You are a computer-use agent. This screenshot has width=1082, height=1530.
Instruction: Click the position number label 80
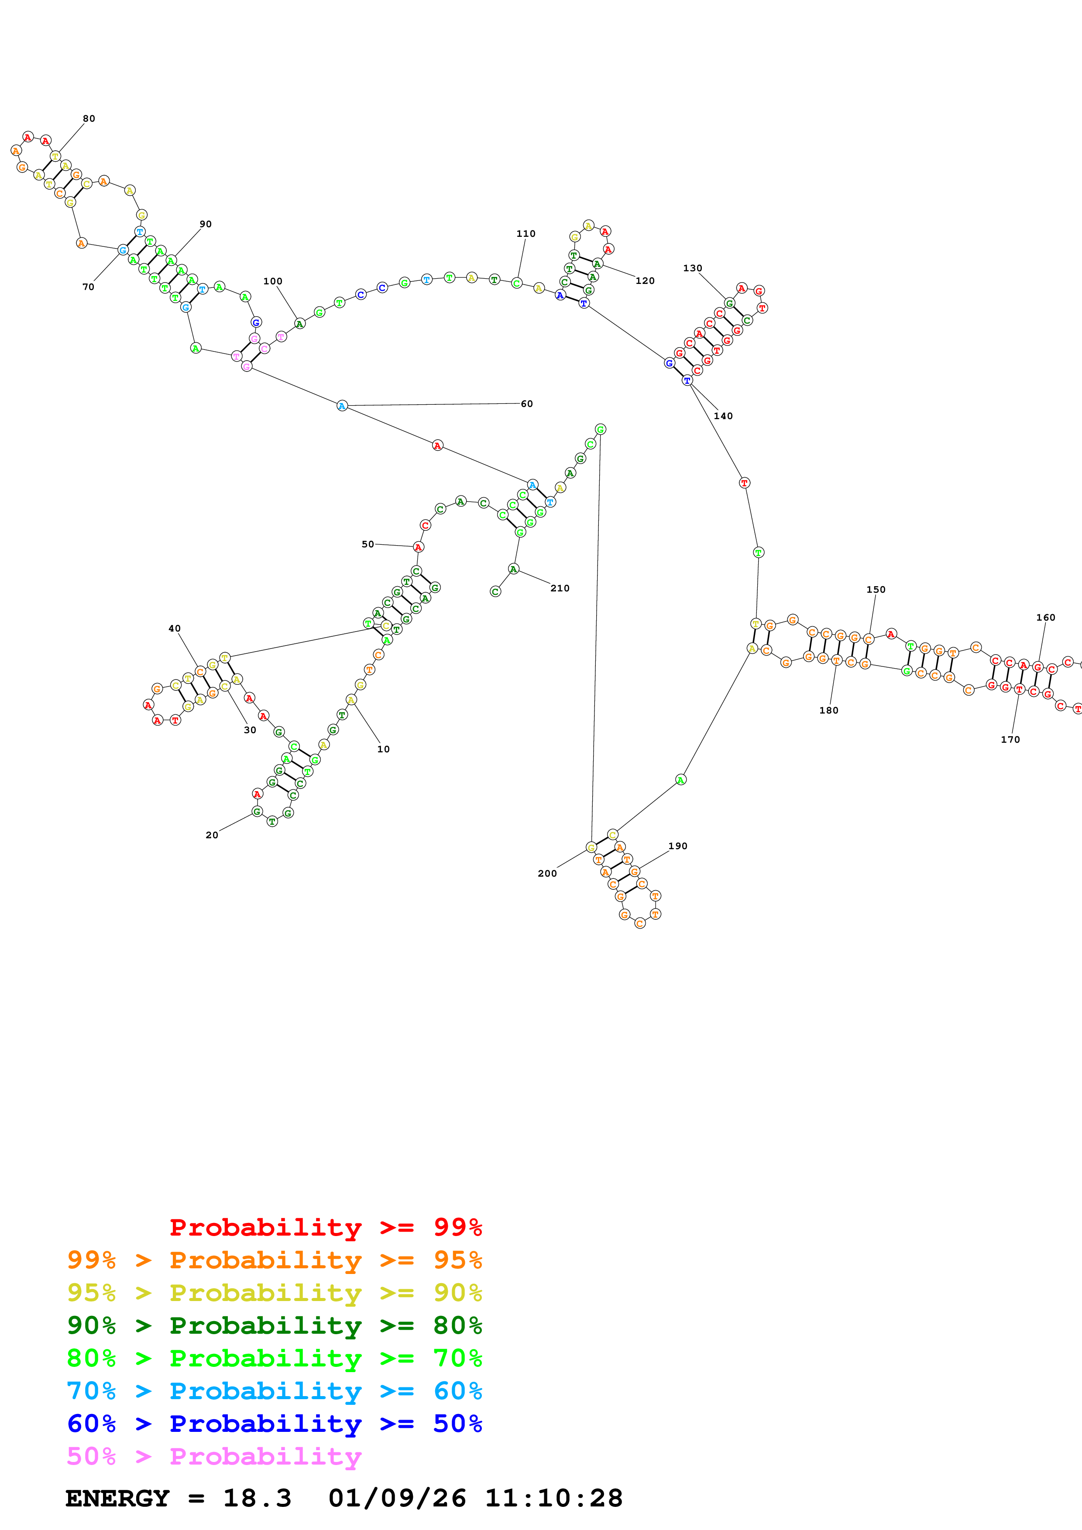(89, 119)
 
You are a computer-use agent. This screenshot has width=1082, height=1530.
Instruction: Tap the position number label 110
(526, 234)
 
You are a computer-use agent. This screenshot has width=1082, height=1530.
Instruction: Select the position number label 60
(527, 404)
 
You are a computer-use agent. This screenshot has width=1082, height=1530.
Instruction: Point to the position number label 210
(560, 588)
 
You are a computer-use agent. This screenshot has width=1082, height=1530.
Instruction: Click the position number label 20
(212, 835)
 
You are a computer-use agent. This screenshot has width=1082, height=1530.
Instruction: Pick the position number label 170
(1010, 740)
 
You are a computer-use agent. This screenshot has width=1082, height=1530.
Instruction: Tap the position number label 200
(547, 874)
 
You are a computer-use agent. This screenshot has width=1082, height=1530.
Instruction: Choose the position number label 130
(693, 269)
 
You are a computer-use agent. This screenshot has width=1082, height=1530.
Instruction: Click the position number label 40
(175, 628)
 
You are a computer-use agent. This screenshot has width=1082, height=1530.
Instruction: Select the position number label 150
(876, 590)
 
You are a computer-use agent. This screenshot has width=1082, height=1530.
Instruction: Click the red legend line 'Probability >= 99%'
(325, 1227)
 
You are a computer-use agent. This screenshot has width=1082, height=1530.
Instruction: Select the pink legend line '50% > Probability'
(213, 1457)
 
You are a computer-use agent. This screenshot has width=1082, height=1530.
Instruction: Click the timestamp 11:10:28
(553, 1499)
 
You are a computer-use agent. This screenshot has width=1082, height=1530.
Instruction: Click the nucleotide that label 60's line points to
(342, 406)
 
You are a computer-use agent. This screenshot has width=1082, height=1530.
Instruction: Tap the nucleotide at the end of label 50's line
(419, 547)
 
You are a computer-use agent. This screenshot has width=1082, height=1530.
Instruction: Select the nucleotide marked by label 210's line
(513, 568)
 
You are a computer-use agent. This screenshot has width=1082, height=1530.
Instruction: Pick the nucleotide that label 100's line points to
(300, 324)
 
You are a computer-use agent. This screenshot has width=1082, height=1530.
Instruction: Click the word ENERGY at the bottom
(117, 1499)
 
